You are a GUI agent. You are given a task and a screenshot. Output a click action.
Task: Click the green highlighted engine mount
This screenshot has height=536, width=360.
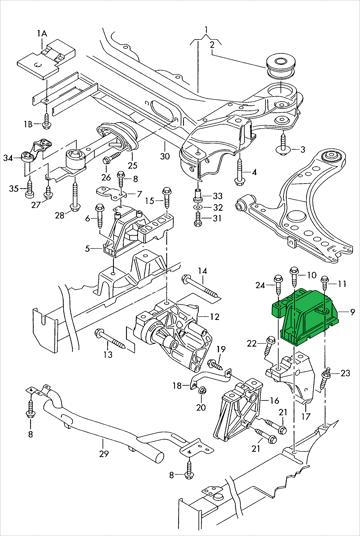[x=304, y=315]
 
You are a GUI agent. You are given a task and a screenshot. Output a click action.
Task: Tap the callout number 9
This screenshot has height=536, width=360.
[x=352, y=312]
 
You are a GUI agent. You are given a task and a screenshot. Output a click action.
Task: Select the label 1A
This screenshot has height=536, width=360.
[x=42, y=33]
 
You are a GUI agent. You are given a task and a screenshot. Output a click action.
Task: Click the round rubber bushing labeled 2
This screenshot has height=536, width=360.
[x=281, y=65]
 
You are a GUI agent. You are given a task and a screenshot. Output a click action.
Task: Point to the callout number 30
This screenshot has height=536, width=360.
[x=164, y=156]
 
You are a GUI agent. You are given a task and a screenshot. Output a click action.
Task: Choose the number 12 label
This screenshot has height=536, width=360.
[x=214, y=317]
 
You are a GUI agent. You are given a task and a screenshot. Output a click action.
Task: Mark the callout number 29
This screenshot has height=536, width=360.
[x=104, y=454]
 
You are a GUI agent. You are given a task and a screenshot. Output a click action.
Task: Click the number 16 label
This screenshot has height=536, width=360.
[x=274, y=400]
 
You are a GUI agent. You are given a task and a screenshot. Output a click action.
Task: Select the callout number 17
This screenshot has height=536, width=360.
[x=306, y=416]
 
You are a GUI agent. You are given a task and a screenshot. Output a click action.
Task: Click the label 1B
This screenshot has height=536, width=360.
[x=28, y=124]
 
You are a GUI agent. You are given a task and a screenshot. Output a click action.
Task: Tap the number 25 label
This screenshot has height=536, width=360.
[x=132, y=165]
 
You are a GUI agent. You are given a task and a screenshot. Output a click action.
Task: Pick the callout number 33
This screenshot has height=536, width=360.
[x=217, y=196]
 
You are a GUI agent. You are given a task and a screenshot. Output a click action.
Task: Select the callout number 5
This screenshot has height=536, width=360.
[x=88, y=249]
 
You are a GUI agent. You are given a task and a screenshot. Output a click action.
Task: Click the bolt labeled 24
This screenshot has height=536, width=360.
[x=278, y=287]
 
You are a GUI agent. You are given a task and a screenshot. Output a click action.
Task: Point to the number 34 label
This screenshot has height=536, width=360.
[x=9, y=158]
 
